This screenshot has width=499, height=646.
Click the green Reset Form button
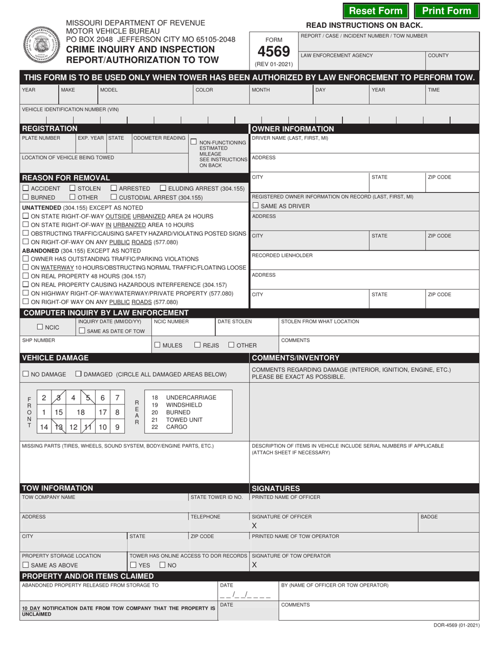pos(376,11)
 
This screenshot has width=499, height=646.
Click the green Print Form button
pos(446,11)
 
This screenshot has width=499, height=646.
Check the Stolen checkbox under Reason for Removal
pos(73,188)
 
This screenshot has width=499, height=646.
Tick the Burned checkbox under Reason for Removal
pos(26,197)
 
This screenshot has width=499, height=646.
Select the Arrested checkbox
pos(114,188)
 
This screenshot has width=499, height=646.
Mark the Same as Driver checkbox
pos(256,205)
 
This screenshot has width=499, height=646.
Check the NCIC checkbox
pos(40,327)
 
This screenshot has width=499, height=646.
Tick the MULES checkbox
pos(158,345)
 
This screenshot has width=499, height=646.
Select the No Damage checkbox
pos(26,374)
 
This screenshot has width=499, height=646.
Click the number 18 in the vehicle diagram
pos(81,413)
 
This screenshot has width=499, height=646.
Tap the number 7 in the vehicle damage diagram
pos(117,398)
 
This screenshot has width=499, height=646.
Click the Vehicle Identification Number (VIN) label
pos(70,109)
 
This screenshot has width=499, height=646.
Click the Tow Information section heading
pos(57,488)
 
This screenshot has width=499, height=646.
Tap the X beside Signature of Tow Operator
pos(255,565)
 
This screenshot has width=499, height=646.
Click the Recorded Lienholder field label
pos(282,255)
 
